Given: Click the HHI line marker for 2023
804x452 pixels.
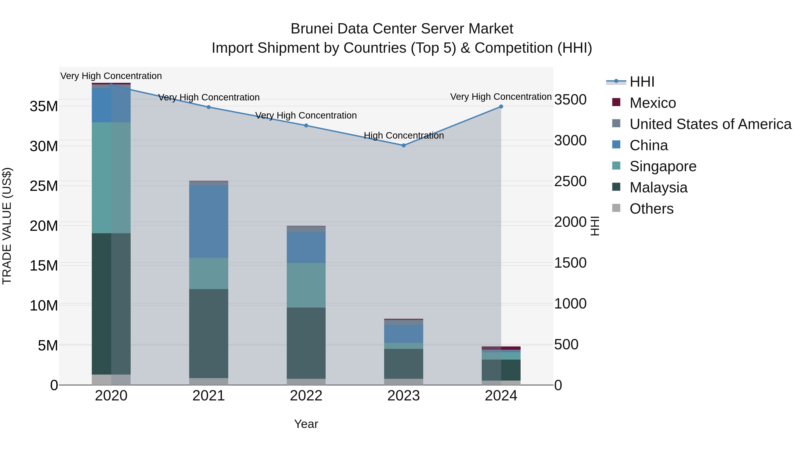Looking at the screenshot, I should click(404, 145).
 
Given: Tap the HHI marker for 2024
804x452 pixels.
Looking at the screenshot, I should click(501, 107).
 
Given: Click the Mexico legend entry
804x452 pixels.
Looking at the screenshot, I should click(652, 103).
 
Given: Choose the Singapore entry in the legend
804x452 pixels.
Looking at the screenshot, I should click(663, 166).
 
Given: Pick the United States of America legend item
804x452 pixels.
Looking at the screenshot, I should click(710, 124).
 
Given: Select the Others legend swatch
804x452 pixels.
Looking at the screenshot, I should click(616, 208).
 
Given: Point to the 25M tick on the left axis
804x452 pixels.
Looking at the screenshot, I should click(44, 186).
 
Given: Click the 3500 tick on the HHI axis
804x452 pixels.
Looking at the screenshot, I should click(570, 100).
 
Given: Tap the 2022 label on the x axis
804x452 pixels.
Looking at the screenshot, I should click(306, 396).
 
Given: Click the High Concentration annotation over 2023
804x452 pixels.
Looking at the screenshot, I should click(404, 136).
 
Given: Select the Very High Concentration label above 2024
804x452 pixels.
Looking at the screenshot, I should click(501, 97).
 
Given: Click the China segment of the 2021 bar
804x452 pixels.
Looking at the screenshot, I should click(209, 221).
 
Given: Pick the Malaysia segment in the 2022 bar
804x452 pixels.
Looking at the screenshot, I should click(306, 343).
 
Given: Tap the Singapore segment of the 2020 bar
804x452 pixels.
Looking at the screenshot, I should click(111, 178).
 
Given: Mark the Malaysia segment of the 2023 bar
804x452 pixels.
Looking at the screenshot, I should click(404, 364).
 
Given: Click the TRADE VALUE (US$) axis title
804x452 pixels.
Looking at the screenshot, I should click(7, 226).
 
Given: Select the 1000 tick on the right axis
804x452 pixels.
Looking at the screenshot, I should click(570, 304).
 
